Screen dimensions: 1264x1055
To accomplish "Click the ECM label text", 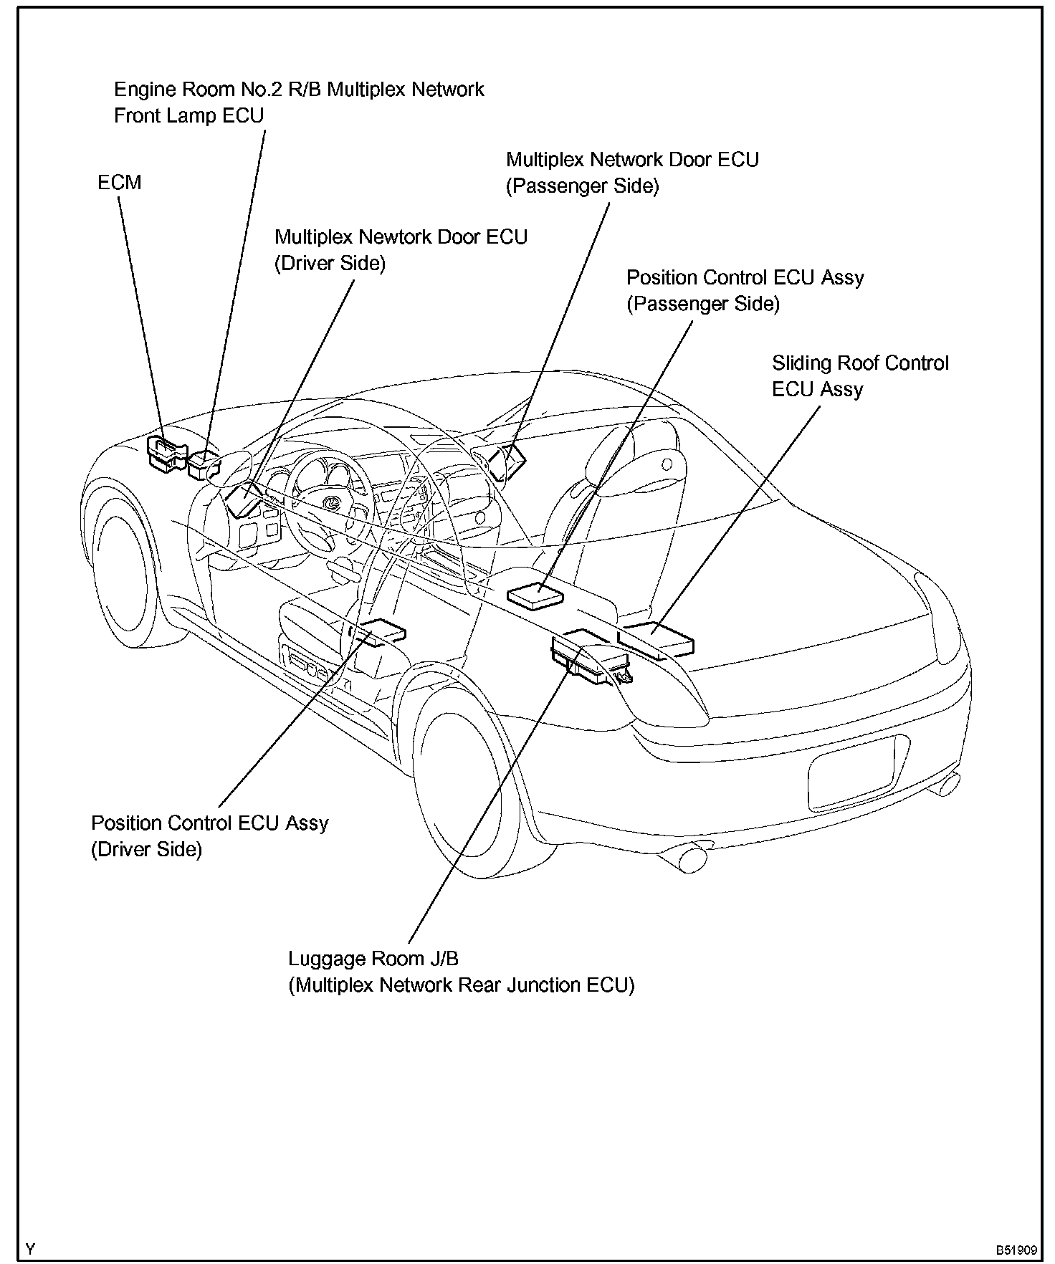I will (120, 183).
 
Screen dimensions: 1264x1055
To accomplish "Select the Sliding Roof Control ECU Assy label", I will (859, 376).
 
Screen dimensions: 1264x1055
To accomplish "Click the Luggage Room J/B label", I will (373, 959).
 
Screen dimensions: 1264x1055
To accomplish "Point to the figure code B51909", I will (1016, 1250).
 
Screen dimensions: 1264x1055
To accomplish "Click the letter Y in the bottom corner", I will (29, 1250).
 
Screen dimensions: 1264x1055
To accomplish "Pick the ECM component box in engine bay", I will (166, 454).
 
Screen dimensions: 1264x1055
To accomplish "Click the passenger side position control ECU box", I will (535, 595).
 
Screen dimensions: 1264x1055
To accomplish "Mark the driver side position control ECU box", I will (380, 631).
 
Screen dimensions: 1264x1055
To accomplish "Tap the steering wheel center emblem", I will (333, 503).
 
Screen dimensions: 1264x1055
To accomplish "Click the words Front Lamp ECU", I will (189, 116).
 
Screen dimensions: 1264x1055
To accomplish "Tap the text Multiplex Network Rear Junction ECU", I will (462, 985).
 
